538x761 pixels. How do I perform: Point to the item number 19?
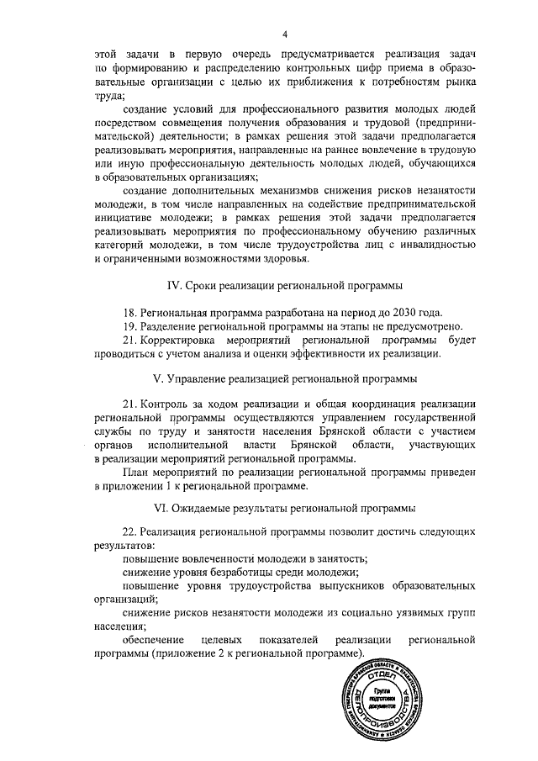tap(129, 326)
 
